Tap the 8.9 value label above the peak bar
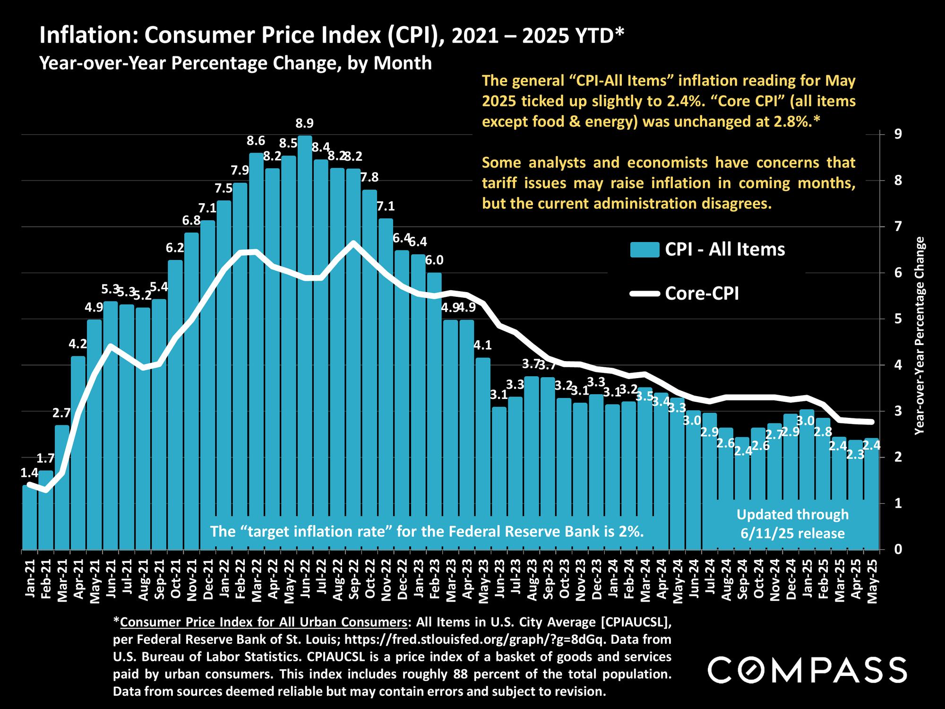pyautogui.click(x=304, y=124)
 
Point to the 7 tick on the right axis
pyautogui.click(x=892, y=226)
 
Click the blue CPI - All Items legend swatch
pyautogui.click(x=644, y=250)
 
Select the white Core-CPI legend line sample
pyautogui.click(x=644, y=294)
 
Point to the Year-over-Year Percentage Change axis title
pyautogui.click(x=919, y=336)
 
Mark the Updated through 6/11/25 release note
pyautogui.click(x=792, y=524)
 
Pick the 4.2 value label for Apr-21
pyautogui.click(x=78, y=344)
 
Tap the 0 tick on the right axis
pyautogui.click(x=892, y=549)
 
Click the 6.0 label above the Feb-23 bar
pyautogui.click(x=434, y=260)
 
